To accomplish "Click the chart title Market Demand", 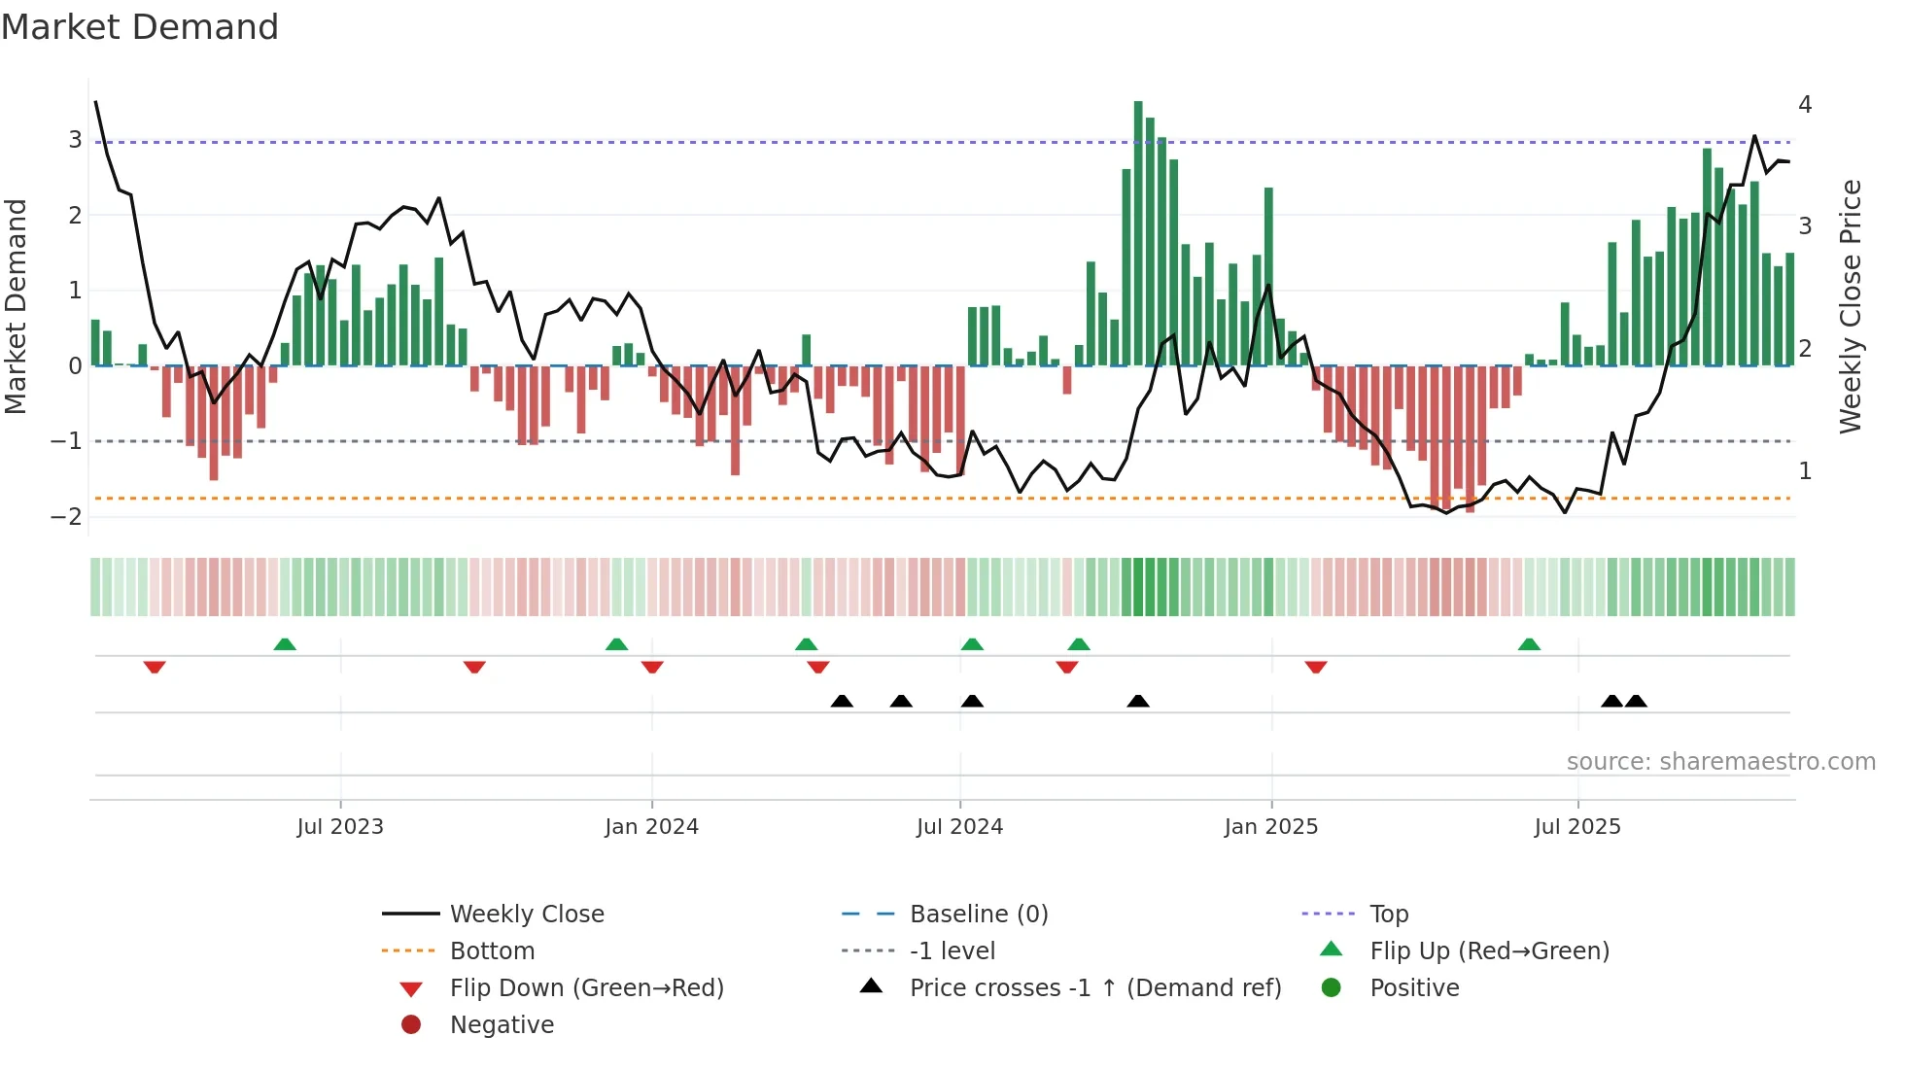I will coord(140,27).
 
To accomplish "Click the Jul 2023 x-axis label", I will coord(340,827).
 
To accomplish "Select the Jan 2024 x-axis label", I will coord(651,827).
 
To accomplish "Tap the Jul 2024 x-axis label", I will coord(959,827).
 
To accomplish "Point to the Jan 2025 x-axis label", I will coord(1270,827).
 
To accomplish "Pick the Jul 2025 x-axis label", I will coord(1577,827).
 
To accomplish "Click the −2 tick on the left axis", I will coord(66,517).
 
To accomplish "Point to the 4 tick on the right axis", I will coord(1805,105).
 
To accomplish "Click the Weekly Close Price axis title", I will coord(1851,306).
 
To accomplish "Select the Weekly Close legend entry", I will coord(526,915).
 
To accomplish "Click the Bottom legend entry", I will coord(492,951).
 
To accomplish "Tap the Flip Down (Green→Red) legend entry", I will coord(586,988).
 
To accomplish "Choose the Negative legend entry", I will coord(502,1025).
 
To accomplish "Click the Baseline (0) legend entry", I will coord(978,915).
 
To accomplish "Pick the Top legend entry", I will coord(1389,915).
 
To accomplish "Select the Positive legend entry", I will coord(1414,988).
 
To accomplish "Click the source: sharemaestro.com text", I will coord(1720,762).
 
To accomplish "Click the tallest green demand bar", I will coord(1138,233).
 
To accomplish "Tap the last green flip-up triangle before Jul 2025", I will coord(1529,644).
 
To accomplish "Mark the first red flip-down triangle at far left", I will coord(155,667).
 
